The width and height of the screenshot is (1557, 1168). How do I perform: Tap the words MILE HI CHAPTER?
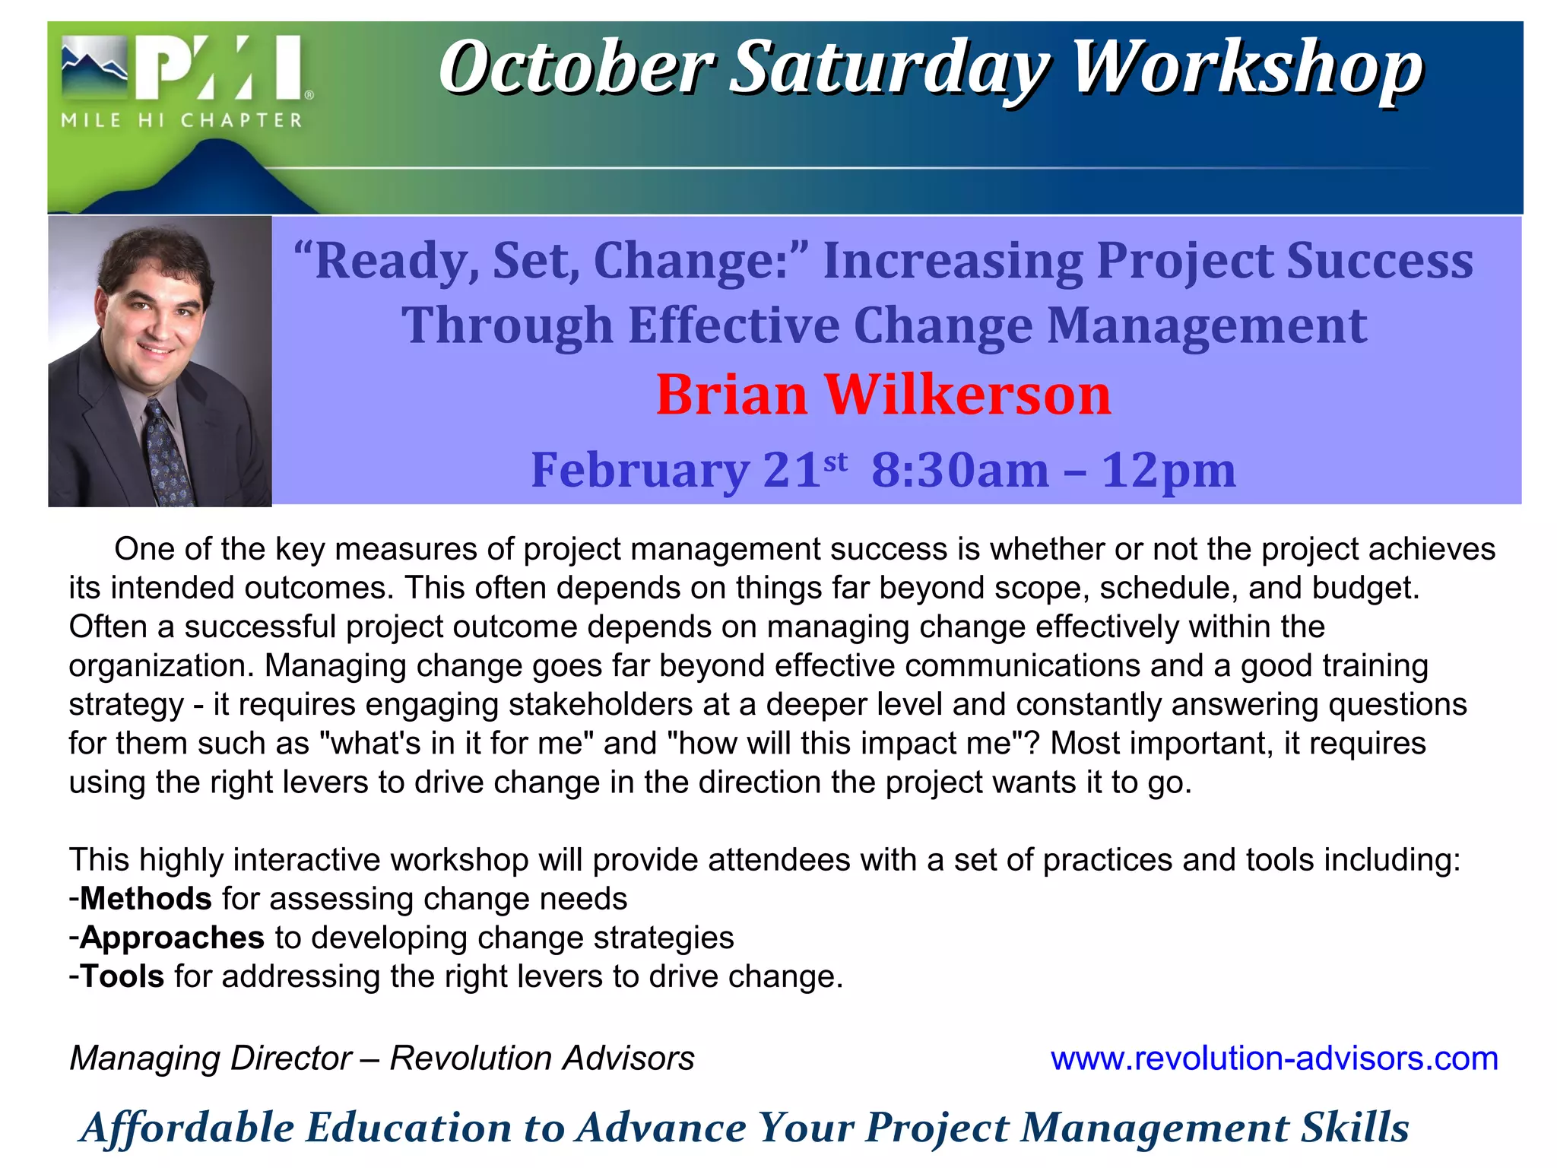coord(182,120)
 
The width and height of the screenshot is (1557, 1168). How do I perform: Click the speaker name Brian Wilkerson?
coord(883,395)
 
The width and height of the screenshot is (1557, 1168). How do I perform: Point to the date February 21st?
coord(688,470)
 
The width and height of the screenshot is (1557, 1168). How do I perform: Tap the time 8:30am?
coord(959,470)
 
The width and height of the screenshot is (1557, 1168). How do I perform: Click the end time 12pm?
coord(1169,470)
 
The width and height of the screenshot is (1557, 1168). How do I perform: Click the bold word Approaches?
coord(173,938)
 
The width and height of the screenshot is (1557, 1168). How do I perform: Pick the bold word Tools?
coord(122,976)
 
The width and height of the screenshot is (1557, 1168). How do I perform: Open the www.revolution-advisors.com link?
coord(1274,1058)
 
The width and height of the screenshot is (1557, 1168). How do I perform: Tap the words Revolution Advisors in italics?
coord(542,1058)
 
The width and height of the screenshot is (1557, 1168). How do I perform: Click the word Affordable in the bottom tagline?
coord(187,1128)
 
